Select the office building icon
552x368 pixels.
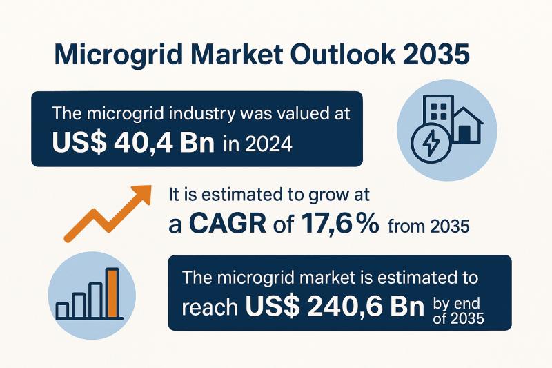pos(429,113)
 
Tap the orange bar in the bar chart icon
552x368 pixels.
pos(112,293)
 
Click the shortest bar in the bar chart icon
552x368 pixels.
pos(62,310)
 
